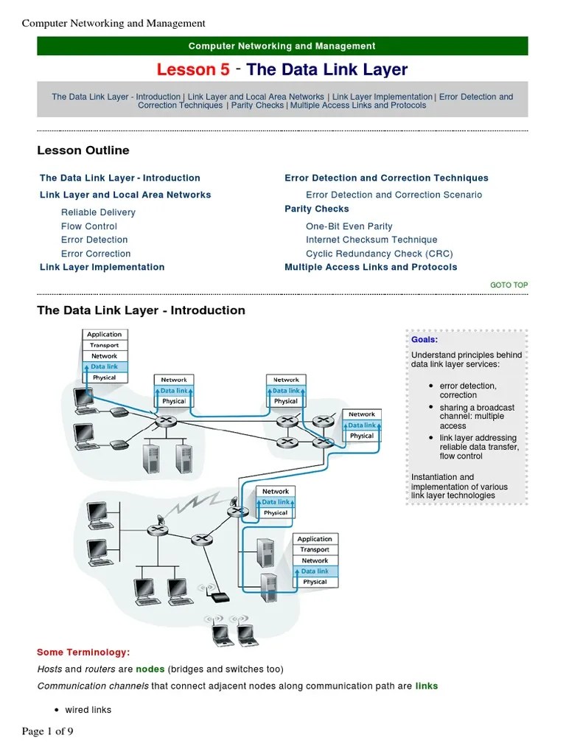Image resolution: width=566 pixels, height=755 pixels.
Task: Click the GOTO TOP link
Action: click(x=509, y=285)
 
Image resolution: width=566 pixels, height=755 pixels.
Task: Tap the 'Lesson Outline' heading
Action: click(x=83, y=150)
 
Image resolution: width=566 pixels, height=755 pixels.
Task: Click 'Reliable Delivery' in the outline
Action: click(x=98, y=212)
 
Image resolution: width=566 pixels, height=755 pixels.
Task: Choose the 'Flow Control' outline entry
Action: click(x=89, y=226)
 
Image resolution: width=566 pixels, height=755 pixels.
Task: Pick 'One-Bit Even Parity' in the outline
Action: click(x=349, y=226)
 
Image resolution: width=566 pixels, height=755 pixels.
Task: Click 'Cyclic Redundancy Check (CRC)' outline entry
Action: click(x=380, y=254)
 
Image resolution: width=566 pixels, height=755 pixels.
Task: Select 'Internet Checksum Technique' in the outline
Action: click(x=371, y=240)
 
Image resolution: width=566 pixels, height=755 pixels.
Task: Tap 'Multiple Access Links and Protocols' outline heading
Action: click(x=371, y=267)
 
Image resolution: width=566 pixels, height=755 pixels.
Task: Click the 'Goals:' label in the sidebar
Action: click(x=424, y=340)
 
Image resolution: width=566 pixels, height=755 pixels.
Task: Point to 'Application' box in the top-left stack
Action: click(x=104, y=335)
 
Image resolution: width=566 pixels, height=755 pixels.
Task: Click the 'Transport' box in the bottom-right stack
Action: click(x=315, y=550)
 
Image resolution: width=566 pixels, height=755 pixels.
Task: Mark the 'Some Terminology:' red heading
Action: click(x=83, y=653)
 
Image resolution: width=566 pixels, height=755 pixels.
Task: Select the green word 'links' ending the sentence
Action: click(x=427, y=686)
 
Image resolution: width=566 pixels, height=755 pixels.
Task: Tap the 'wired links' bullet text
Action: click(x=88, y=710)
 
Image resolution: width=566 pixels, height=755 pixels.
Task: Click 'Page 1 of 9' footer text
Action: click(x=48, y=731)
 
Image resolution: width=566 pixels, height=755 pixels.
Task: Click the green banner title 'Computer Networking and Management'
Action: click(x=282, y=46)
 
